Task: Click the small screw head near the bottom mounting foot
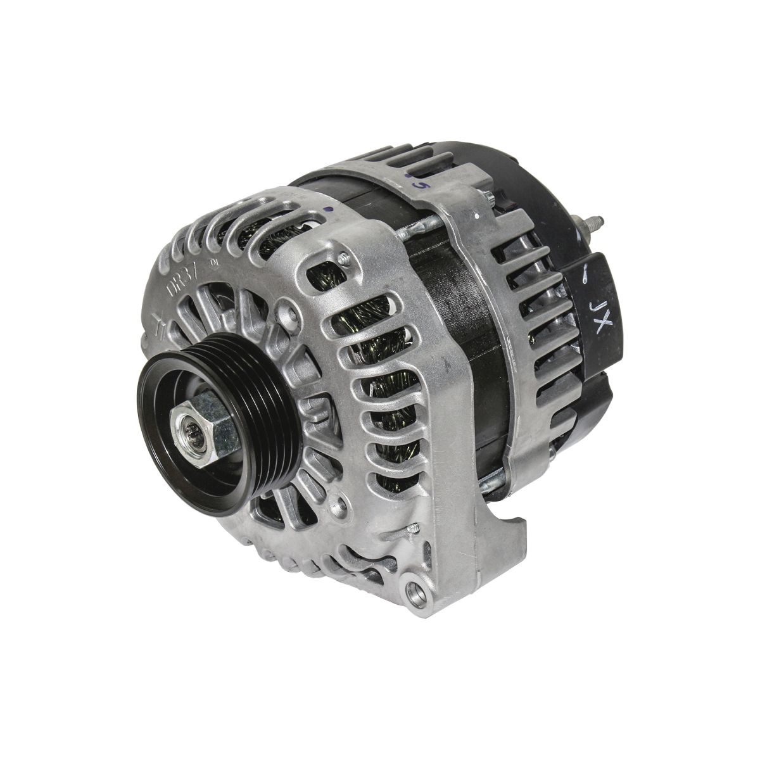412,526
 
